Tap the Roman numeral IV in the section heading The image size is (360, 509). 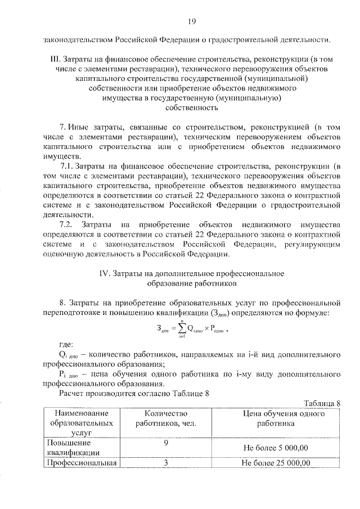click(x=103, y=273)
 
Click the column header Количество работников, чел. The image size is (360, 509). click(x=165, y=418)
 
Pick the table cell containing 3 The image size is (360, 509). click(x=166, y=463)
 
